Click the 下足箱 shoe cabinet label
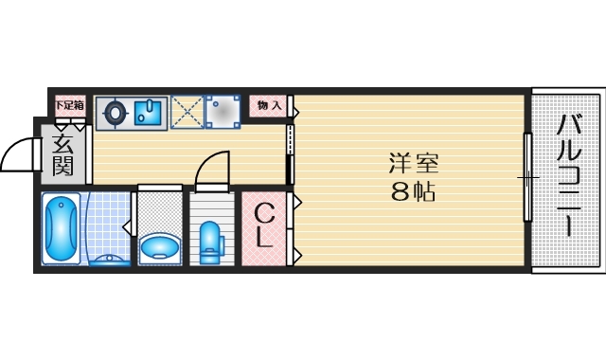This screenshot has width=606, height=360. [68, 105]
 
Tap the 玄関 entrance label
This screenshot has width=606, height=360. [63, 154]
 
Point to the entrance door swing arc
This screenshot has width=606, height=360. [15, 152]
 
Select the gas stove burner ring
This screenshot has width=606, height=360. [114, 113]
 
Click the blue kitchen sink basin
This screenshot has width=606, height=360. [149, 113]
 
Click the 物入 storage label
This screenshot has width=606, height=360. [269, 106]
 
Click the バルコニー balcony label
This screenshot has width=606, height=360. [566, 175]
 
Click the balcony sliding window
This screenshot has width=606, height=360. [527, 176]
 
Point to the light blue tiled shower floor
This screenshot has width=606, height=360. [108, 223]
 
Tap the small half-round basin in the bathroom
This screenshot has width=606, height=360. [106, 259]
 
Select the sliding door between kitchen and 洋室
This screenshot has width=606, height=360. [291, 152]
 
